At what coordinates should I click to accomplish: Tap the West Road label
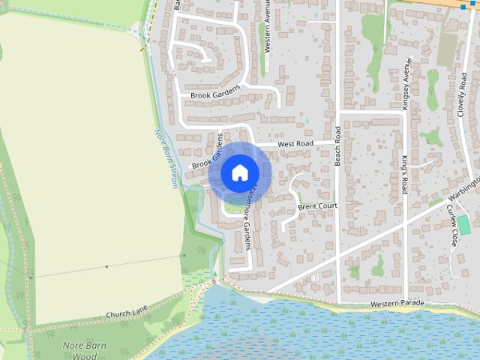click(295, 142)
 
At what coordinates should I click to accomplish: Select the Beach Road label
click(338, 145)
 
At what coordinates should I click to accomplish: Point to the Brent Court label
click(317, 205)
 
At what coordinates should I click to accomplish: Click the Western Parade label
click(397, 303)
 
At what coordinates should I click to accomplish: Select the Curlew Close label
click(452, 226)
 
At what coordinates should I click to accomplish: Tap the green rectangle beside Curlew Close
click(463, 224)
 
